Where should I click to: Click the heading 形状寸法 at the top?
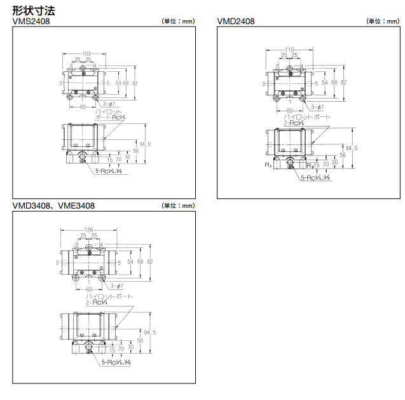(x=32, y=10)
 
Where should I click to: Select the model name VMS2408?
(x=31, y=21)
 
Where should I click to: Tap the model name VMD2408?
(x=236, y=21)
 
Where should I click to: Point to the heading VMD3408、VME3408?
(x=54, y=205)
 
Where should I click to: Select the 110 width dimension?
(x=289, y=49)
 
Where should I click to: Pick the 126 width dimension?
(x=88, y=230)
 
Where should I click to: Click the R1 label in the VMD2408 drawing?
(x=268, y=165)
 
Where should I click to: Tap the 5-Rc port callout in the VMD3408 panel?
(x=116, y=361)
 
